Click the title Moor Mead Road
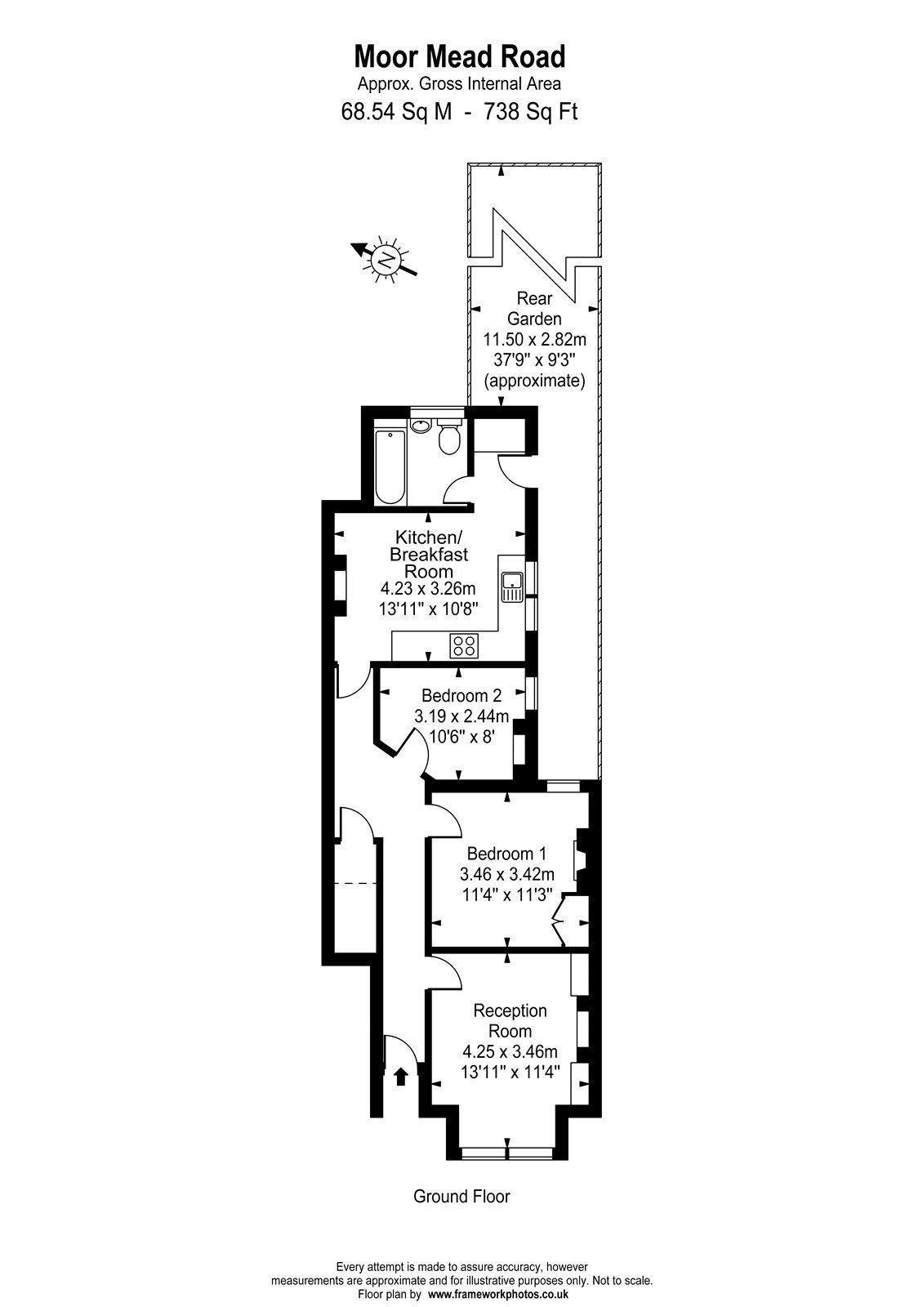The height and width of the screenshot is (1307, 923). (x=460, y=57)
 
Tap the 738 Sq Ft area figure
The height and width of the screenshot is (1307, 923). (x=530, y=111)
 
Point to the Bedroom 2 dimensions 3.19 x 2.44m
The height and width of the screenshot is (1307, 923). (x=461, y=716)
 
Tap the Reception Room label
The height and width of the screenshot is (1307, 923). (x=510, y=1020)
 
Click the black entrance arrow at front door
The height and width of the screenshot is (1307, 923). (x=401, y=1076)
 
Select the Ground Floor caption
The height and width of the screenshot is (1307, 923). (x=461, y=1197)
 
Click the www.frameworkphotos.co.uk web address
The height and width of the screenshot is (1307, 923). (x=498, y=1295)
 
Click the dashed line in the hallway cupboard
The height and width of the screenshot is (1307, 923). (x=357, y=884)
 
